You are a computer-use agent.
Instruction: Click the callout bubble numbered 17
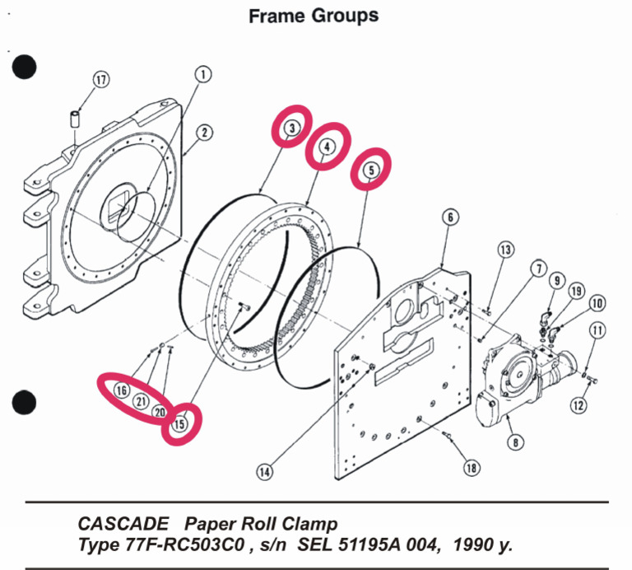[x=100, y=80]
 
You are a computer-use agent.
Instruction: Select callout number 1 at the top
[x=203, y=74]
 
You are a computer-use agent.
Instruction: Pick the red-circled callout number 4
[x=328, y=147]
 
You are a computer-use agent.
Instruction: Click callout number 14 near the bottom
[x=264, y=472]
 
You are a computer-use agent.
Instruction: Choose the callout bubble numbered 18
[x=471, y=467]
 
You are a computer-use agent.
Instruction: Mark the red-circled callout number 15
[x=179, y=423]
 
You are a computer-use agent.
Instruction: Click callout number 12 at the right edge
[x=581, y=404]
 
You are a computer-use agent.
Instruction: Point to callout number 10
[x=597, y=303]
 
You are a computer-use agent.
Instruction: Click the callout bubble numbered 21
[x=141, y=401]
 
